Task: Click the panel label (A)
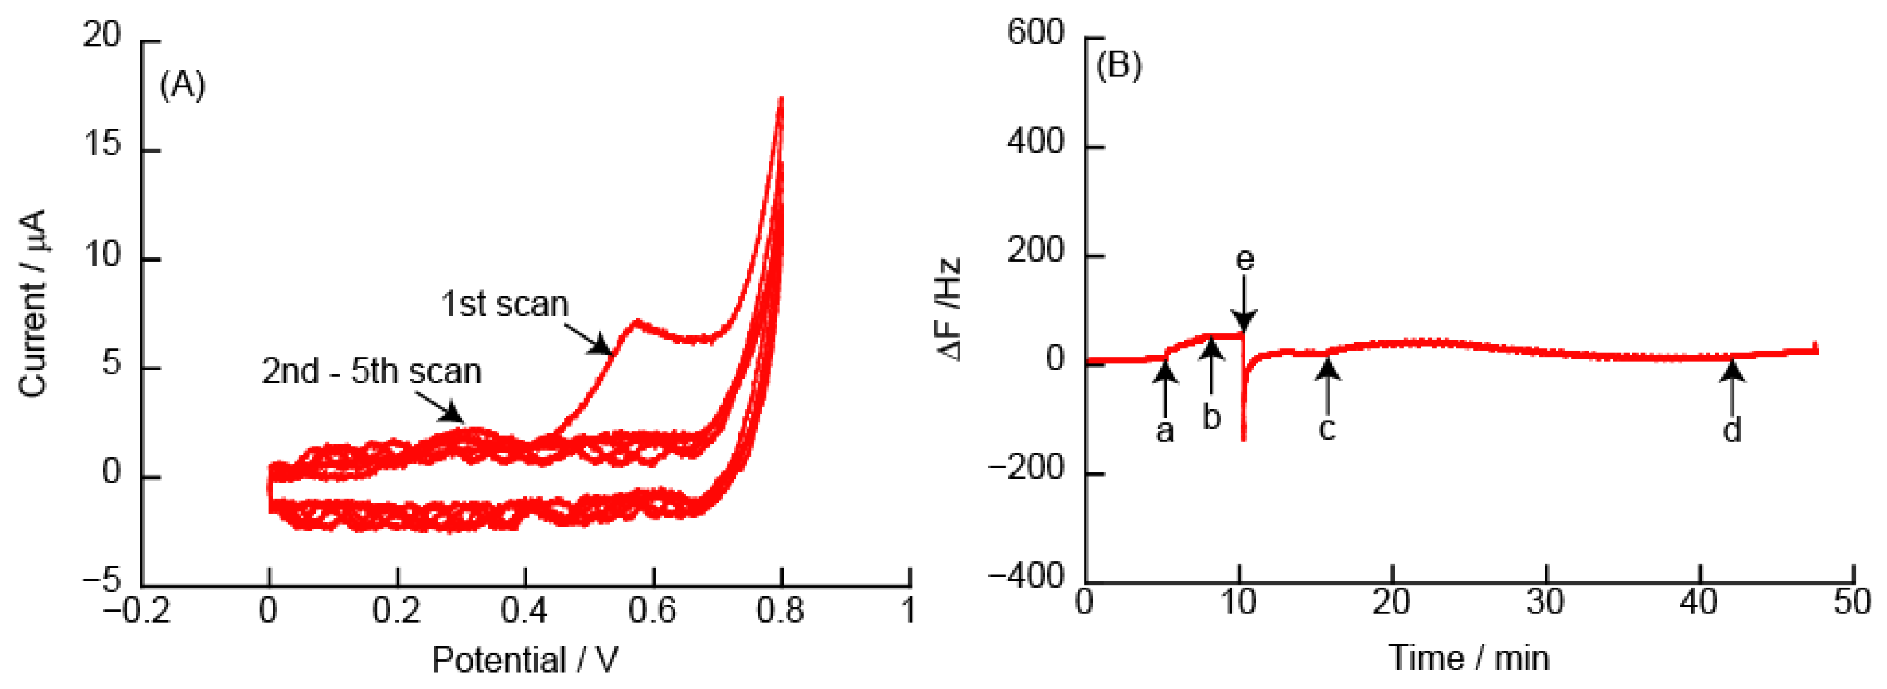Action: (182, 85)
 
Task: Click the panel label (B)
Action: (1118, 65)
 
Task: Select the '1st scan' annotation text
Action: (505, 304)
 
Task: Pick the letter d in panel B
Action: (1732, 430)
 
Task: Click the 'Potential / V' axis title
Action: (524, 660)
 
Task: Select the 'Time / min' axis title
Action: (1469, 658)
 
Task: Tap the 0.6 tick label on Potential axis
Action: (653, 610)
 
